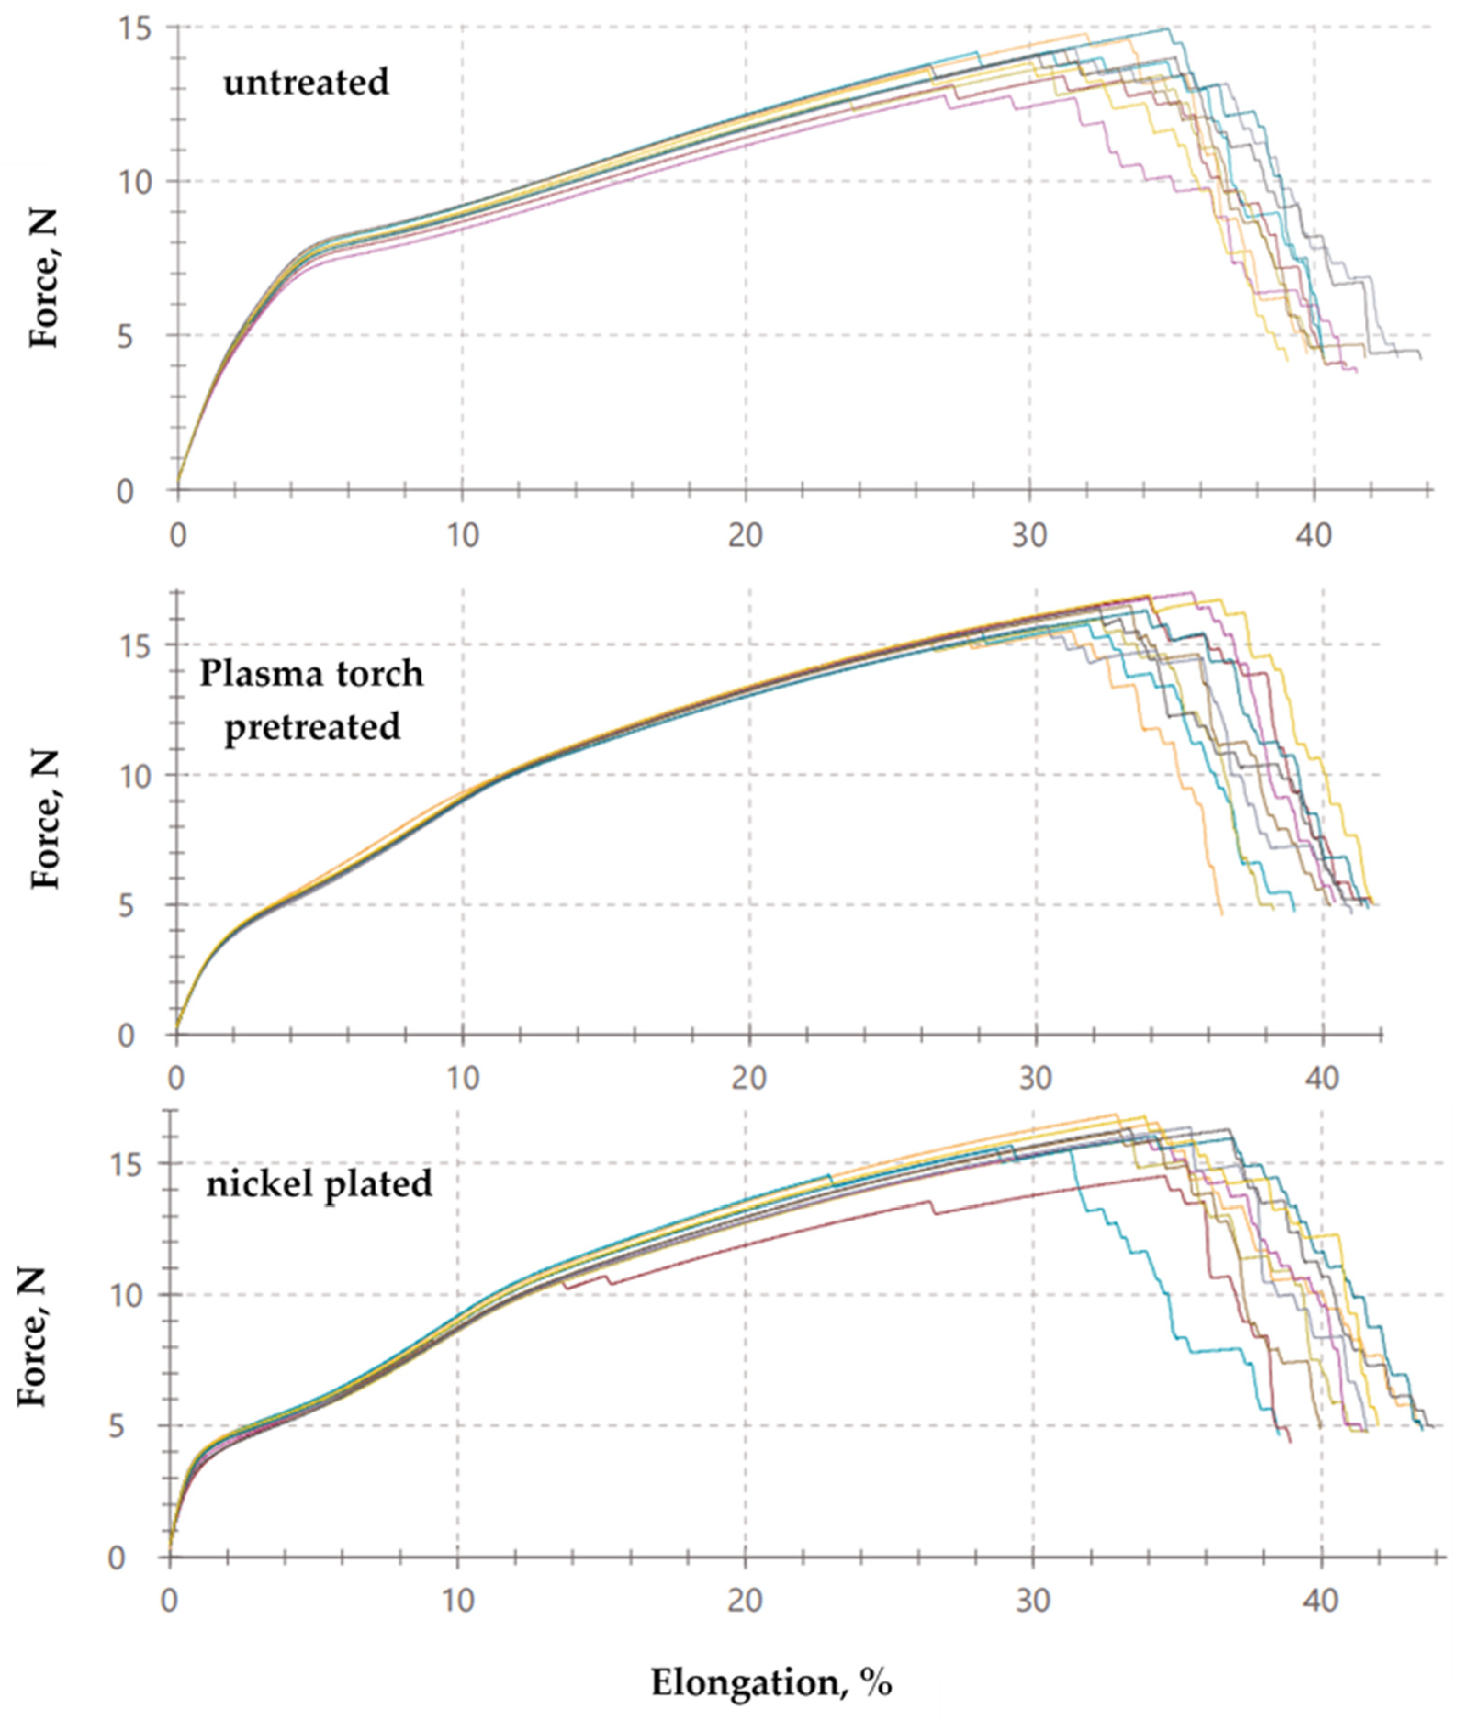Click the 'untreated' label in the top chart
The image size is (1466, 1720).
point(305,82)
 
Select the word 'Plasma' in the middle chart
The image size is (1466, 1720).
point(252,673)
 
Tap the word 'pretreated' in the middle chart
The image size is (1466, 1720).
point(312,726)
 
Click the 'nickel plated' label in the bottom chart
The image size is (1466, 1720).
point(319,1183)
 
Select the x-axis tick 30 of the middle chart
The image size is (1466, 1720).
point(1035,1077)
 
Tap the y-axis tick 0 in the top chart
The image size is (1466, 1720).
point(124,492)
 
